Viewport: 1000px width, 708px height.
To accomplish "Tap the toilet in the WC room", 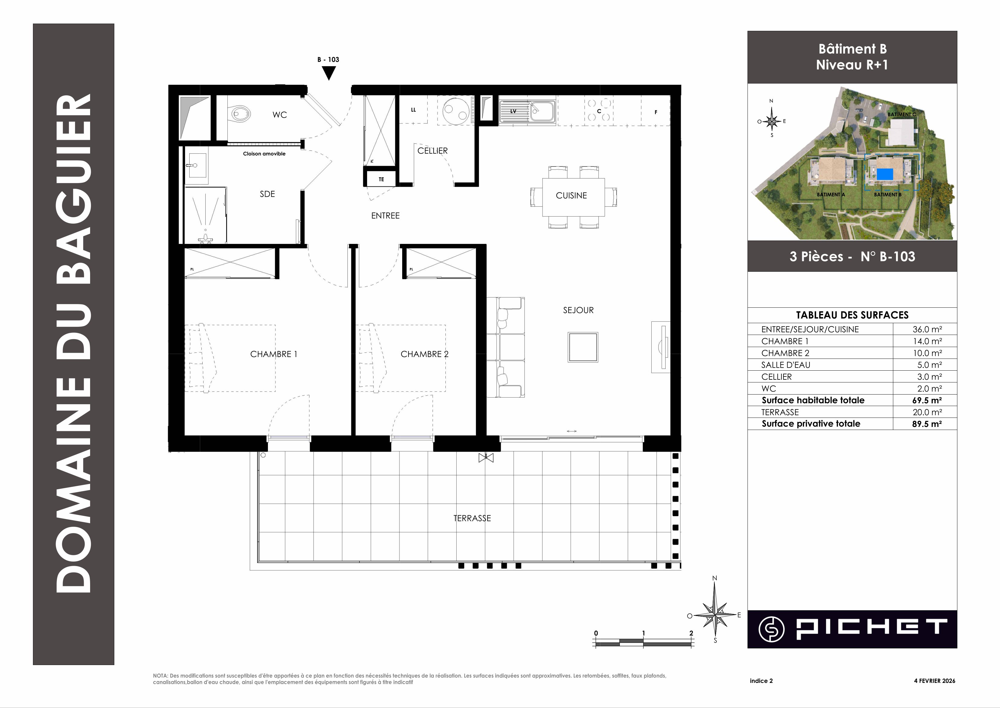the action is [240, 114].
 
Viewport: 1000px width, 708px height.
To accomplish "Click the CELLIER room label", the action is [432, 151].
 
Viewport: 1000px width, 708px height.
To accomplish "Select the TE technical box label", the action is [381, 179].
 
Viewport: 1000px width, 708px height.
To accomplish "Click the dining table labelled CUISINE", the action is [573, 197].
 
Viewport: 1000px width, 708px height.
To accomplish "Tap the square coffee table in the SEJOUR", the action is [583, 347].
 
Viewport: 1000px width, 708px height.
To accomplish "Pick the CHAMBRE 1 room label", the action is [274, 354].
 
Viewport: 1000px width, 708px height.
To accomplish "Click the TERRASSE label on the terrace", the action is [472, 518].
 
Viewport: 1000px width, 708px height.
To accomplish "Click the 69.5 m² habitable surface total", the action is [927, 400].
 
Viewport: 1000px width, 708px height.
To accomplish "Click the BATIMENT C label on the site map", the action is [902, 115].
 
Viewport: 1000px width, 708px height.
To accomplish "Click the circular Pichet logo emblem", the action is [772, 629].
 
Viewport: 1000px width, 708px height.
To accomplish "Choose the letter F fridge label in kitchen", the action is [656, 113].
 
